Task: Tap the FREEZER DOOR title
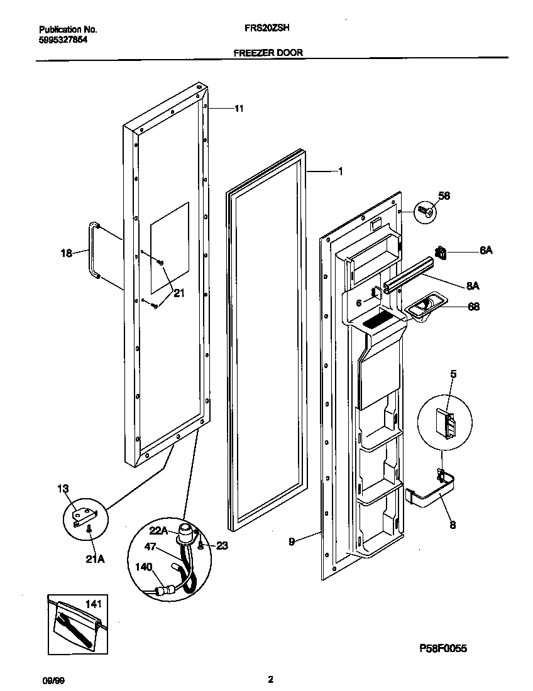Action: point(268,53)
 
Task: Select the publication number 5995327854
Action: point(63,39)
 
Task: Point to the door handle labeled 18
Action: point(94,249)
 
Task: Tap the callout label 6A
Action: point(485,250)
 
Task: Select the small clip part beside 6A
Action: point(440,254)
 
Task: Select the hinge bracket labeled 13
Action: point(83,516)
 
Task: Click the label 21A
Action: point(94,555)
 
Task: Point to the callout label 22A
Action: point(159,530)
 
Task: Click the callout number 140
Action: point(145,566)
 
